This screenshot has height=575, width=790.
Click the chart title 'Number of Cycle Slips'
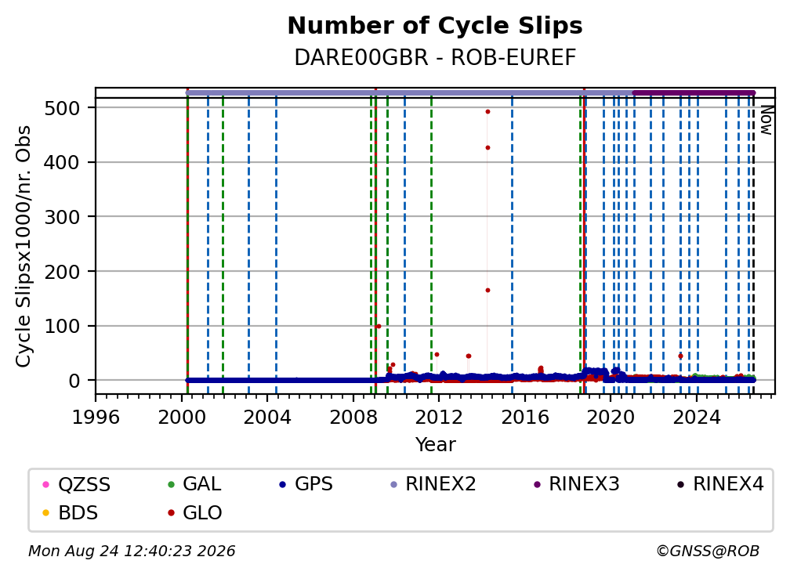[435, 26]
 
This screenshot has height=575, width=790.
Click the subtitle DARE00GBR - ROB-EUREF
[435, 58]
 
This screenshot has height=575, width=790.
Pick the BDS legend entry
[71, 513]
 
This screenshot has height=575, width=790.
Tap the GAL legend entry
[194, 484]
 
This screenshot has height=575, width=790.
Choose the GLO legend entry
[195, 513]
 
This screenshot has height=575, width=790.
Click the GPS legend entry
[306, 484]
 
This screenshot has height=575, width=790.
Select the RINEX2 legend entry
[433, 484]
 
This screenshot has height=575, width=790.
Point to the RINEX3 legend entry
[576, 484]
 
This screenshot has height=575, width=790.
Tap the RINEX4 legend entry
[720, 484]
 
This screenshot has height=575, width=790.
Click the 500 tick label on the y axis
[63, 108]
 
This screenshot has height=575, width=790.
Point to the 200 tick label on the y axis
[63, 272]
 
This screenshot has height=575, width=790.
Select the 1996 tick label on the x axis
[96, 418]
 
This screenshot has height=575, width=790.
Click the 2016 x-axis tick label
[525, 418]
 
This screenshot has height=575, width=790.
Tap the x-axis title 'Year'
[435, 445]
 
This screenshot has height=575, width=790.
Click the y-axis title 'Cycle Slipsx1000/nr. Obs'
[24, 246]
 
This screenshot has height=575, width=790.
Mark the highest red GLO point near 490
[487, 112]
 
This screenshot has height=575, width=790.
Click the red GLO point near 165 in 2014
[487, 291]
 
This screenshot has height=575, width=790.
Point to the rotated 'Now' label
[766, 121]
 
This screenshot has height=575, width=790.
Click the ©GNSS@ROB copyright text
[708, 551]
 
